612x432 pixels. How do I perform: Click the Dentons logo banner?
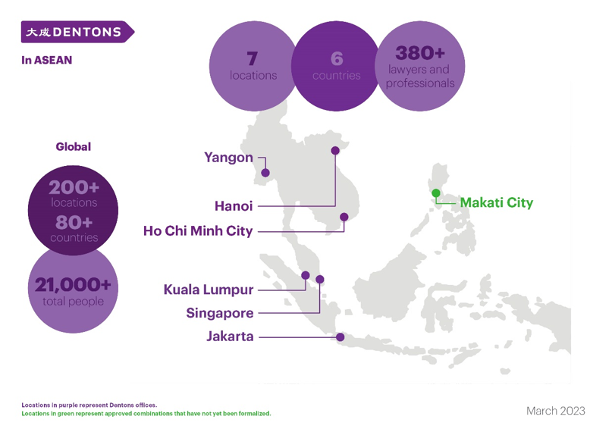click(x=77, y=32)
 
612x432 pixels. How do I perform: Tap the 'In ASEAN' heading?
click(x=47, y=60)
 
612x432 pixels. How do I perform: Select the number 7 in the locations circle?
click(x=252, y=59)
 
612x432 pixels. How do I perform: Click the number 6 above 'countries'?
click(x=337, y=59)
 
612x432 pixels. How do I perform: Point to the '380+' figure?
click(x=420, y=53)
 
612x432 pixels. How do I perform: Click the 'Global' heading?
click(x=74, y=146)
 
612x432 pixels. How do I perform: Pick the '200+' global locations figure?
click(x=74, y=187)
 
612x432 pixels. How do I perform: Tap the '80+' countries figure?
click(x=74, y=223)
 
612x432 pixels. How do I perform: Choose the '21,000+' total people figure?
click(x=73, y=285)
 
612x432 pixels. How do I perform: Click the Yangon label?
click(x=228, y=158)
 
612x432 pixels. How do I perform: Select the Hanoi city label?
click(x=234, y=206)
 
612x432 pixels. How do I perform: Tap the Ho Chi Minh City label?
click(x=198, y=231)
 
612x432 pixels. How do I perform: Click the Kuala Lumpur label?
click(x=209, y=290)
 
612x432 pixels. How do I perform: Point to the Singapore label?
click(x=220, y=313)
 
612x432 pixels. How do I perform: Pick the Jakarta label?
click(x=230, y=336)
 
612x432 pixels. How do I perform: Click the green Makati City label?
click(x=497, y=203)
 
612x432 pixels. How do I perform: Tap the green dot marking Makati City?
click(x=436, y=193)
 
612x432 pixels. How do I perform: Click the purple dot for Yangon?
click(x=265, y=173)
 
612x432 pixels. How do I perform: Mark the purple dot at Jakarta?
click(x=341, y=337)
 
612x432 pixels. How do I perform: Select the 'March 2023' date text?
click(x=556, y=411)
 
